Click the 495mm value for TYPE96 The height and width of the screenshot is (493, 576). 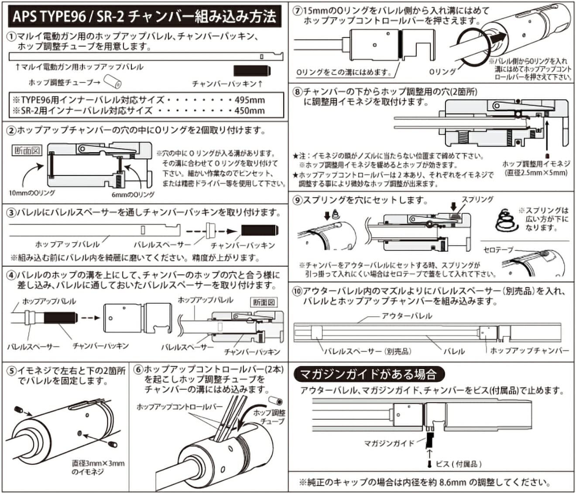pos(250,100)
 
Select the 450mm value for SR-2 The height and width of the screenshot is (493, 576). pos(250,110)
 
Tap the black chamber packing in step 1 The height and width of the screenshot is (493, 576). pos(252,71)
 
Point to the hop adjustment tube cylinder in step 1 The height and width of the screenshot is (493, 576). pos(115,82)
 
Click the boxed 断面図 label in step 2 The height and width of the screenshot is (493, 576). pos(27,151)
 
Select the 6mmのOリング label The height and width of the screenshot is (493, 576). pos(133,195)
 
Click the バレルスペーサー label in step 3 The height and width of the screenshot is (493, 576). pos(162,245)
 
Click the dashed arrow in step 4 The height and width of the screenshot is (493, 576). pos(90,318)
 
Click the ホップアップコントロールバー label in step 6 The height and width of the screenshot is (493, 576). pos(179,407)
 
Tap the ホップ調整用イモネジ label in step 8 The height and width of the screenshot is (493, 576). pos(536,168)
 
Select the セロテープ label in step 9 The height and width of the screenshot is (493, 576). pos(498,250)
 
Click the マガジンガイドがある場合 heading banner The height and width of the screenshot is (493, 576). pos(368,374)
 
